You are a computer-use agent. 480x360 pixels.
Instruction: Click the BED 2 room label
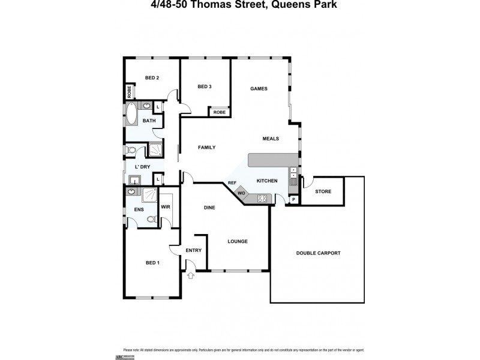152,77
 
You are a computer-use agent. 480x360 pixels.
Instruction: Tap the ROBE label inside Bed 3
220,112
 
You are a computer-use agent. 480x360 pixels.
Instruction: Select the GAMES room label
259,88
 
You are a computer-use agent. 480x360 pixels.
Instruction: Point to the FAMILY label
207,147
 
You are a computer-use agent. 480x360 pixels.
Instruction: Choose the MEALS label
271,139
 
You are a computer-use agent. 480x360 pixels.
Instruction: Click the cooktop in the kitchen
262,198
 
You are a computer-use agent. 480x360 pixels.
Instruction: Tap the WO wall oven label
241,193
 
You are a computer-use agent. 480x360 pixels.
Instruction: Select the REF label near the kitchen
232,183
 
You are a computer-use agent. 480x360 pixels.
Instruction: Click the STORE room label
323,191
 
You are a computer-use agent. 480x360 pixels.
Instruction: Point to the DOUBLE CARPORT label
318,253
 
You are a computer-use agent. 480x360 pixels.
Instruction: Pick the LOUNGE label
238,241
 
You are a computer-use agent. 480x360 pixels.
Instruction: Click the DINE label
209,208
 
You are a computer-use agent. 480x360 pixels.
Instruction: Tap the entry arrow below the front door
191,276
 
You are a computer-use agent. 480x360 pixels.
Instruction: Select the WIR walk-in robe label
166,208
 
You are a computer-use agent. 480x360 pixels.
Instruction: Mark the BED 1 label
153,263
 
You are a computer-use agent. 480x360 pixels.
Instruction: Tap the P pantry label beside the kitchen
294,200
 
